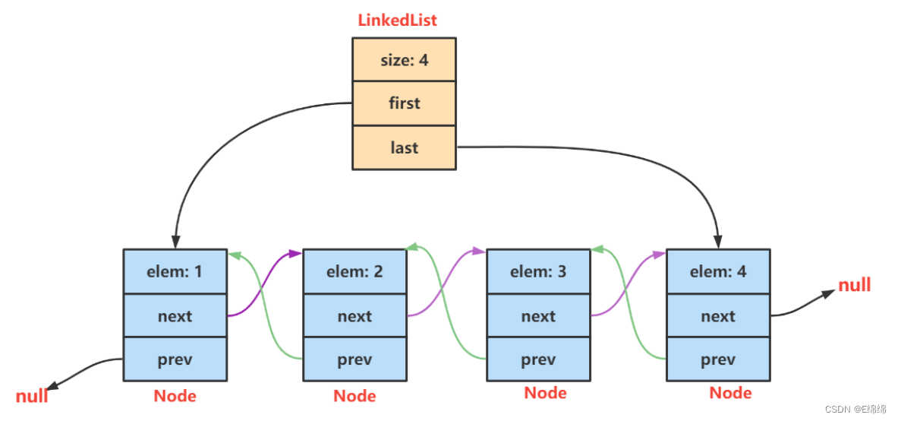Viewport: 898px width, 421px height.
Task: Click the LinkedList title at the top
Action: tap(397, 21)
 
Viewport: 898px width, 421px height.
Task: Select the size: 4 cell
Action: tap(404, 59)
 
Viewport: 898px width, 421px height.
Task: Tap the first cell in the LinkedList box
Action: tap(404, 103)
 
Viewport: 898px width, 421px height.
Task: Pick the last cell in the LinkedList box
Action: tap(404, 147)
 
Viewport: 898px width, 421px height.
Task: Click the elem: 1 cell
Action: tap(175, 271)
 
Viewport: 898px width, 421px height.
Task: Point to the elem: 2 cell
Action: tap(354, 271)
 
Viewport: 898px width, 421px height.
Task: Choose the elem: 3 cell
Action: tap(538, 271)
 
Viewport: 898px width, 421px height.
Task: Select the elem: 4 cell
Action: tap(718, 271)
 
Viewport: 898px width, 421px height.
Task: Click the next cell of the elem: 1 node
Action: tap(175, 315)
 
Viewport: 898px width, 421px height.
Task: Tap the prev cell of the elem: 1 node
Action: tap(175, 359)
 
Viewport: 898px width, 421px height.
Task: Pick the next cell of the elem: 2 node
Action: tap(354, 315)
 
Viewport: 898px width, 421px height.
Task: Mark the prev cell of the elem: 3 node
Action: tap(538, 359)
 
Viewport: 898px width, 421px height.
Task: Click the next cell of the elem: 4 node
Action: tap(718, 315)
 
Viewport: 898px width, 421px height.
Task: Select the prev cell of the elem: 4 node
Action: tap(718, 359)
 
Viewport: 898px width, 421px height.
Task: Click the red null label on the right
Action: tap(854, 286)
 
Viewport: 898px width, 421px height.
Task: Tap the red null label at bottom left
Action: tap(32, 396)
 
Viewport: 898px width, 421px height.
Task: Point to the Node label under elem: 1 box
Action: tap(175, 396)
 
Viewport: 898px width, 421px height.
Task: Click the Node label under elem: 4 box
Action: tap(730, 393)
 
